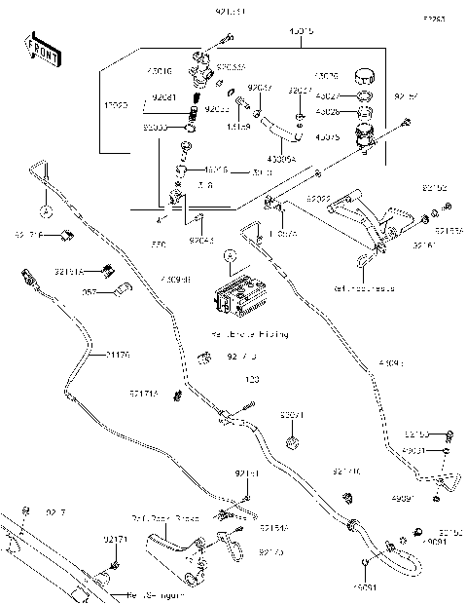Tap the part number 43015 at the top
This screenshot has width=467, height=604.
[301, 31]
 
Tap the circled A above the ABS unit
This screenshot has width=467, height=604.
[228, 257]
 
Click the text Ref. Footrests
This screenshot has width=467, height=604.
[361, 288]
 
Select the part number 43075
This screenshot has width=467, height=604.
[328, 137]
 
